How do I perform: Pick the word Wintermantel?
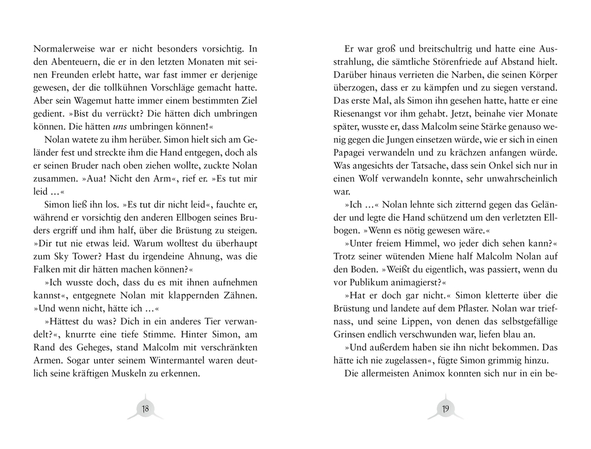[152, 360]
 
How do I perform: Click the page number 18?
[145, 409]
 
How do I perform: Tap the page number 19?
[445, 409]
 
